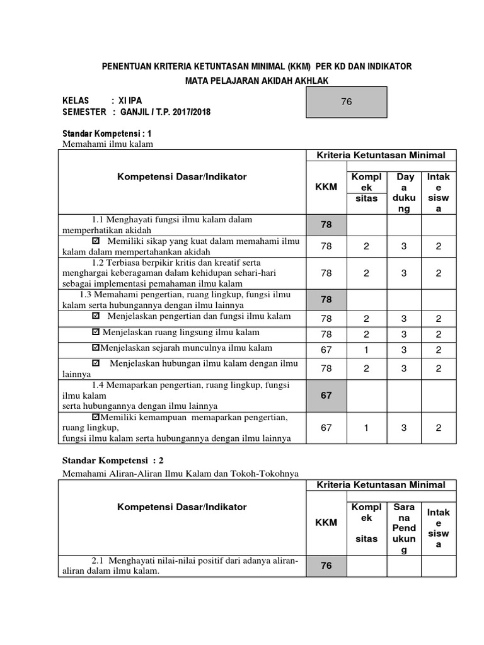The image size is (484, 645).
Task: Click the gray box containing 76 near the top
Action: point(345,101)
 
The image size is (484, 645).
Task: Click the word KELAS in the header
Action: point(76,101)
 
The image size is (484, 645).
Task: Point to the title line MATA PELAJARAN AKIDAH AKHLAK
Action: point(256,80)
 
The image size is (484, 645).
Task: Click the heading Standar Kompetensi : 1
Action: point(107,134)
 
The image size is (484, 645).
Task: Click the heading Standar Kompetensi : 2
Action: point(112,460)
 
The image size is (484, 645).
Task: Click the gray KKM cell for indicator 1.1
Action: point(326,224)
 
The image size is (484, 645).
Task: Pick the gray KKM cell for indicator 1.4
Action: point(326,395)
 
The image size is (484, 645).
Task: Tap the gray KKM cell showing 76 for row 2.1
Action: point(326,566)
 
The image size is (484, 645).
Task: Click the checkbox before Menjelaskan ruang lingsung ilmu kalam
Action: point(96,332)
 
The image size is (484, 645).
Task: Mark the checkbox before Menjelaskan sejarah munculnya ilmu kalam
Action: point(96,348)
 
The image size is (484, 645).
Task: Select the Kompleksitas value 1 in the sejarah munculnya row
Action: point(366,349)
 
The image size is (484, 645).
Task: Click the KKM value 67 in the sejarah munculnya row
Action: point(326,349)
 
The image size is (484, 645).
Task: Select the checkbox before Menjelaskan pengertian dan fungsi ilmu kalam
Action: point(96,316)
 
